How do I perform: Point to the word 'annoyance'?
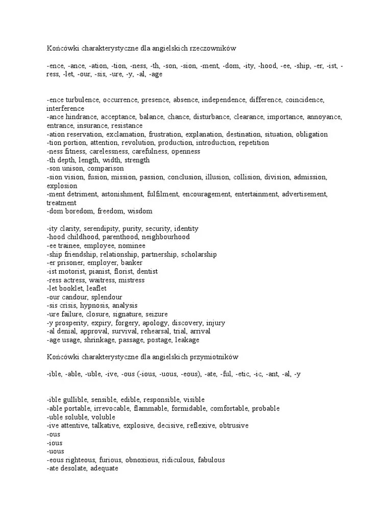point(324,117)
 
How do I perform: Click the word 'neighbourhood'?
point(165,237)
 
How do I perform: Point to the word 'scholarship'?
point(199,254)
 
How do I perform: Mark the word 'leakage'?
point(187,340)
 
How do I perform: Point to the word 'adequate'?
point(104,468)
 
